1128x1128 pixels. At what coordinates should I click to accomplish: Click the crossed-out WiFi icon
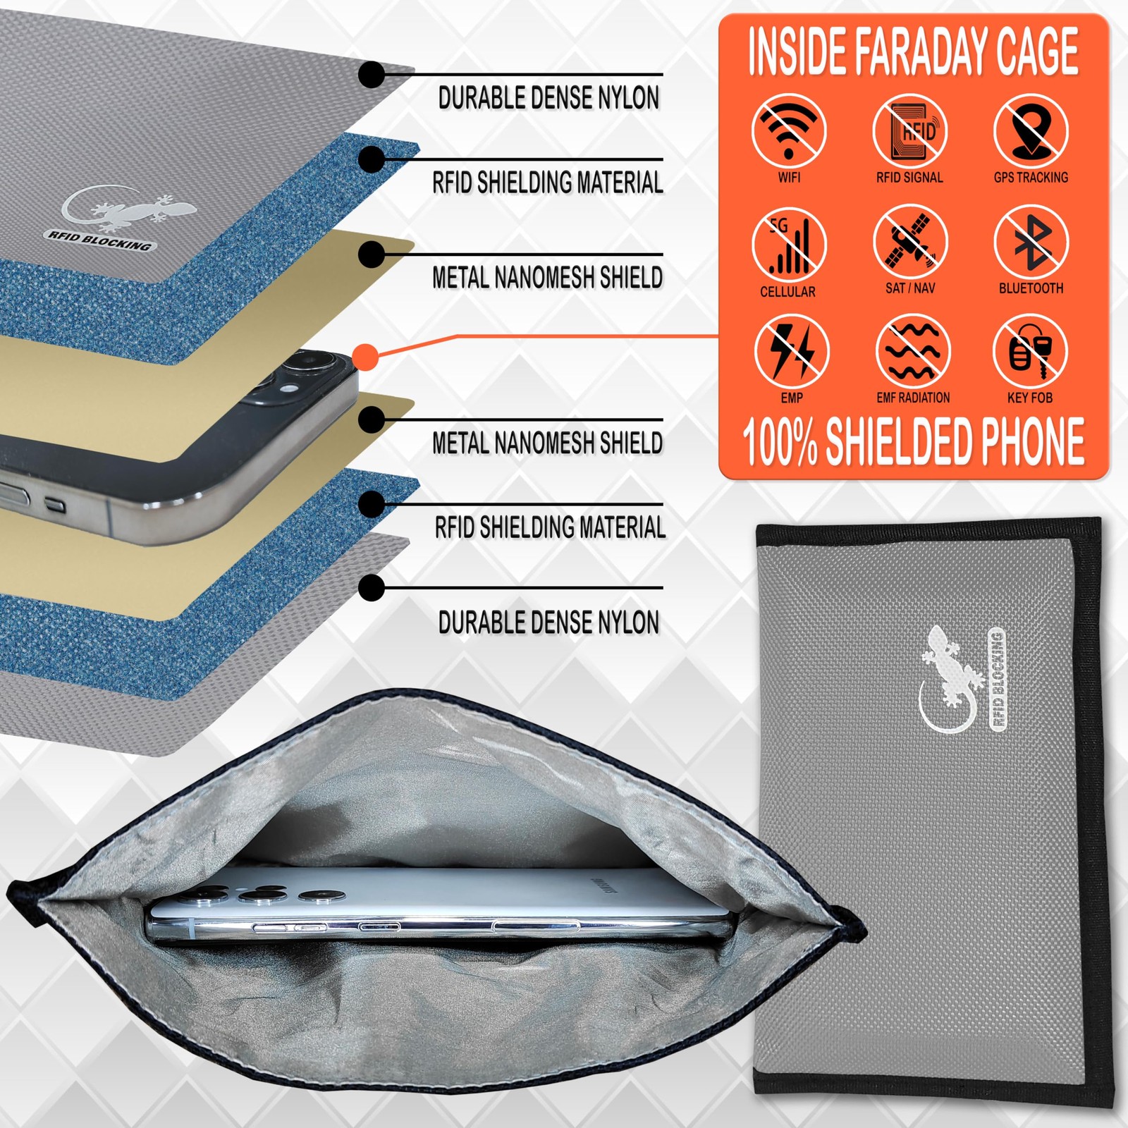click(789, 131)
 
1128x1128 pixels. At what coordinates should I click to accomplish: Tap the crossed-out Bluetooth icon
click(1031, 242)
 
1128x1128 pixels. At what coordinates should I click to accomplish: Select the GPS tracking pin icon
click(1031, 131)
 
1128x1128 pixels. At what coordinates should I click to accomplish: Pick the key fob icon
click(1030, 351)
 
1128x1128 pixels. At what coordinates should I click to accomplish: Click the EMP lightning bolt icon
click(792, 351)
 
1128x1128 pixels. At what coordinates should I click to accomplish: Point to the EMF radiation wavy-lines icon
click(913, 351)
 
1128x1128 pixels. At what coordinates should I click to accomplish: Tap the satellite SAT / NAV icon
click(910, 242)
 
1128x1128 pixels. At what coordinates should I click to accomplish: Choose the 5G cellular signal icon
click(789, 245)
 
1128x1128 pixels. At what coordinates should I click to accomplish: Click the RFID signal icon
click(910, 131)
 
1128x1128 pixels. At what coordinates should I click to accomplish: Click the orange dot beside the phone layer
click(365, 357)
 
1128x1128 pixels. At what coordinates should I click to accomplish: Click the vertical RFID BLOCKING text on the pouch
click(998, 678)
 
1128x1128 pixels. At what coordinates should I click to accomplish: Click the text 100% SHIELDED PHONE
click(913, 441)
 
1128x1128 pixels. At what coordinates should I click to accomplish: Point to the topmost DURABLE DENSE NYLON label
click(548, 98)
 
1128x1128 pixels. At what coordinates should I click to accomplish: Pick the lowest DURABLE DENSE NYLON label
click(548, 623)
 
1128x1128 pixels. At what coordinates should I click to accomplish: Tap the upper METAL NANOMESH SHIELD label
click(548, 277)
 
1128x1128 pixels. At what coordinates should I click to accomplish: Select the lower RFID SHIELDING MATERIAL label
click(550, 527)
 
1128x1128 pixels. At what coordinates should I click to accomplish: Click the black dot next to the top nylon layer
click(372, 74)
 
